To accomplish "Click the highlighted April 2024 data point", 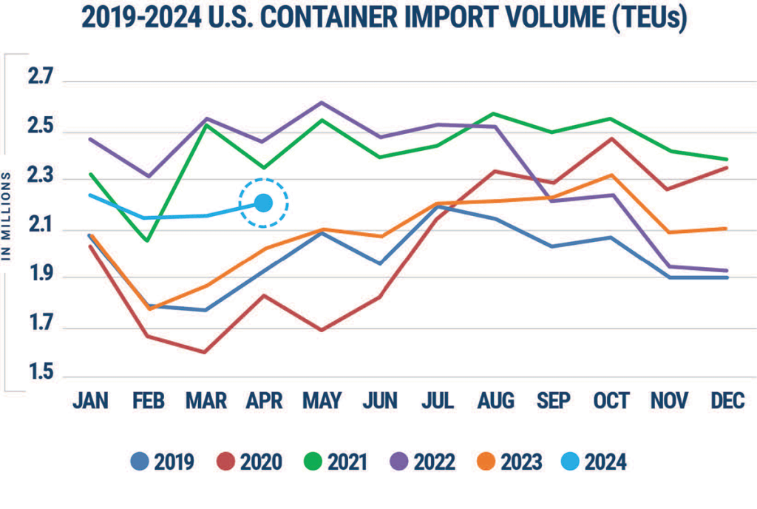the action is [263, 203].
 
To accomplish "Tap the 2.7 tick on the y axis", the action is [40, 76].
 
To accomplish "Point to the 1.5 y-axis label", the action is [41, 371].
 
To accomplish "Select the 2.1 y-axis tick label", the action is [41, 225].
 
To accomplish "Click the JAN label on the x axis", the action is [91, 401].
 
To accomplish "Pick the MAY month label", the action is [322, 401].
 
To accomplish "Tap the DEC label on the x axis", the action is [727, 401].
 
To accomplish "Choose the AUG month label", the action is [496, 401].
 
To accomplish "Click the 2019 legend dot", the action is [140, 461].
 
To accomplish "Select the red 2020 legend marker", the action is [225, 461].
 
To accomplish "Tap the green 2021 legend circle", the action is [313, 461].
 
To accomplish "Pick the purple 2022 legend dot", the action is [398, 461].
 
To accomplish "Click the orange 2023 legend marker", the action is [486, 461].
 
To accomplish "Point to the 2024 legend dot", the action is [570, 461].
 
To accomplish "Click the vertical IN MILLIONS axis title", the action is [6, 217].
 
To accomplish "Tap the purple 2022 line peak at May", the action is [322, 102].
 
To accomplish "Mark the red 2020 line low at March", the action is [206, 352].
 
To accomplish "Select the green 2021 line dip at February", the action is [147, 240].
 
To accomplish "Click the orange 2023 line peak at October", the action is [611, 175].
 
